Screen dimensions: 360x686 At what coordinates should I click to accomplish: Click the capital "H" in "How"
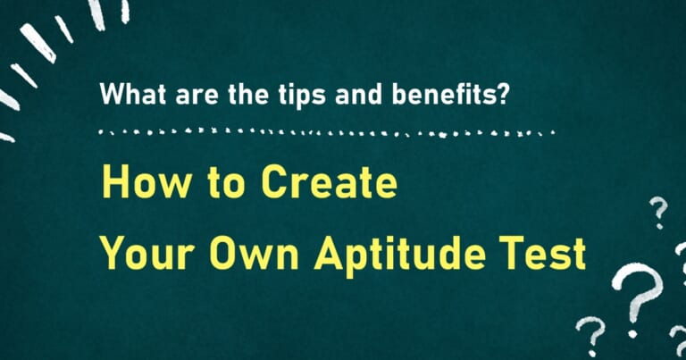112,186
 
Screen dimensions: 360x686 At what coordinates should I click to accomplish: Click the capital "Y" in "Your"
111,253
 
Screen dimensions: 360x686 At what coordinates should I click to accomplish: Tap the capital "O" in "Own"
215,253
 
